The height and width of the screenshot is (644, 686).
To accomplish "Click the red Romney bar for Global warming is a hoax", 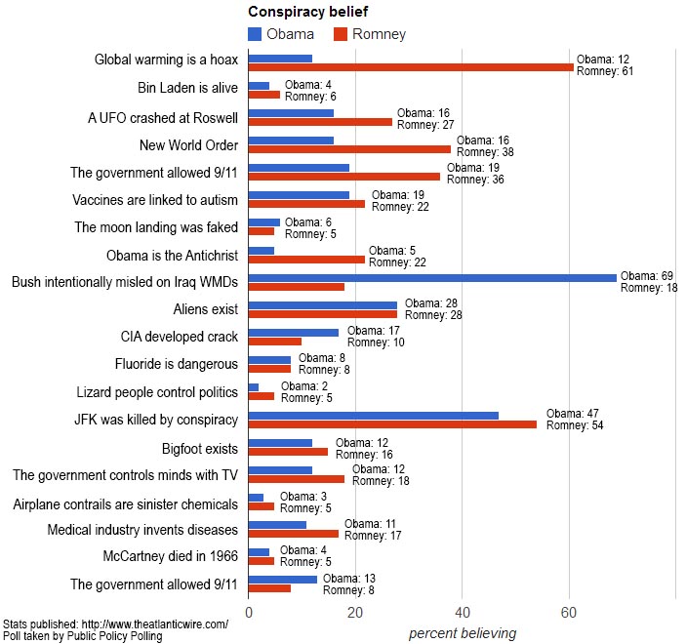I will click(411, 66).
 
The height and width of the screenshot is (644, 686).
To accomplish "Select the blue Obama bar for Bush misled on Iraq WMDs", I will click(432, 278).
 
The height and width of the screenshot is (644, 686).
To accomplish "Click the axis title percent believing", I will click(463, 633).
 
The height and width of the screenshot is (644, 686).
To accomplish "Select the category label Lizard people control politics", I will click(157, 392).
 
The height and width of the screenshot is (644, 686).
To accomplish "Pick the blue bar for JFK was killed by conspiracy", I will click(374, 415).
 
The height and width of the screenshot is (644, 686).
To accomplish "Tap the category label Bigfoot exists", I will click(199, 449).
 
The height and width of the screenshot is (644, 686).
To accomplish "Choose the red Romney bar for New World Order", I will click(349, 149).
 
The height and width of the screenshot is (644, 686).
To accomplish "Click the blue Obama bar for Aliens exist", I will click(323, 305).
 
